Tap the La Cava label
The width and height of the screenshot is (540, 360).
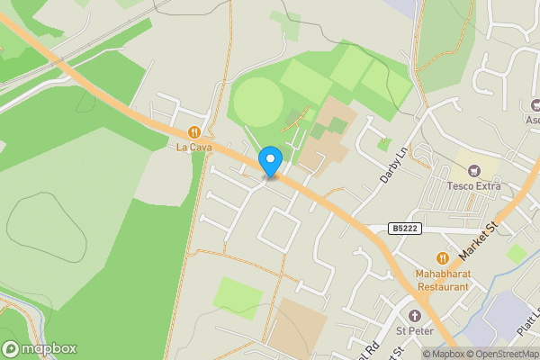point(193,147)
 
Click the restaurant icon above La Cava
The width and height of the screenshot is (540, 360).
point(193,131)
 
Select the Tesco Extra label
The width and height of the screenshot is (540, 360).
point(473,187)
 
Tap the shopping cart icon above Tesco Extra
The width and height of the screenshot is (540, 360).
point(473,171)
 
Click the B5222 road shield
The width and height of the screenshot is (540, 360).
point(405,229)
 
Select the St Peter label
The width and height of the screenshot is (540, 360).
point(415,330)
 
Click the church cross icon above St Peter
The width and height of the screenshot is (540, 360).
point(415,315)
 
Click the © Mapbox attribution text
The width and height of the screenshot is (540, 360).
point(443,354)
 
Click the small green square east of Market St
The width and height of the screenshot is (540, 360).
point(516,254)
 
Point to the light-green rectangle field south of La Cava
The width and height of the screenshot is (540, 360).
point(238,298)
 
